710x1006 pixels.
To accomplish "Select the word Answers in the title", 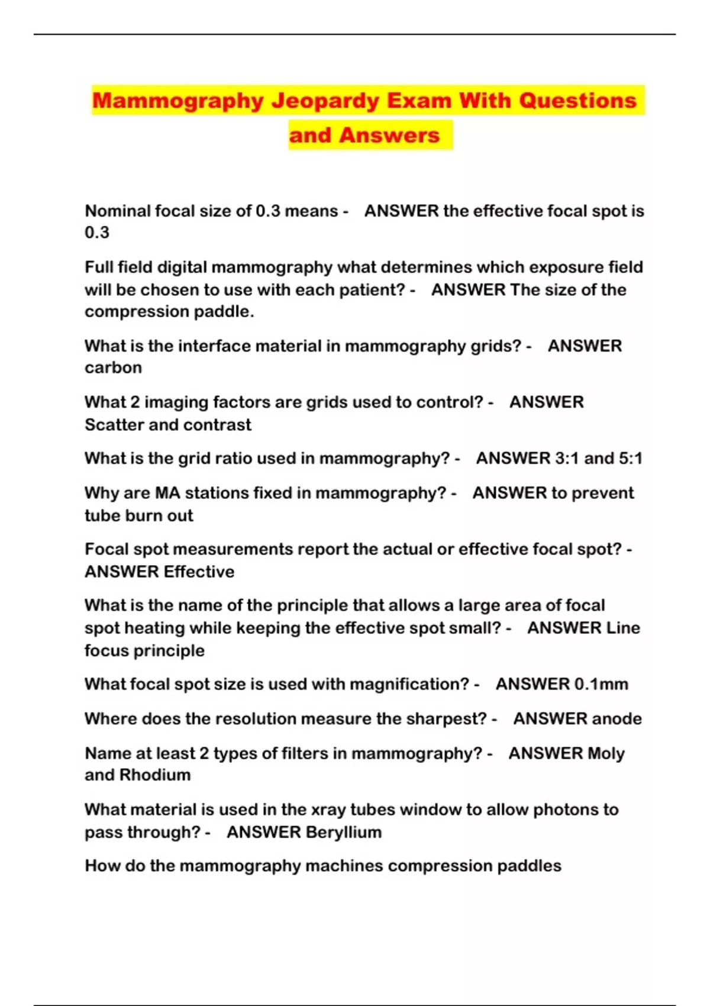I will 389,136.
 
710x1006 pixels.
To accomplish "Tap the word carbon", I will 113,367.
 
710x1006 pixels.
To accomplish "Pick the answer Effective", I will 199,572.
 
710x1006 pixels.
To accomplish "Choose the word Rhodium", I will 155,775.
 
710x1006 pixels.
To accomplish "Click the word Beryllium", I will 343,832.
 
